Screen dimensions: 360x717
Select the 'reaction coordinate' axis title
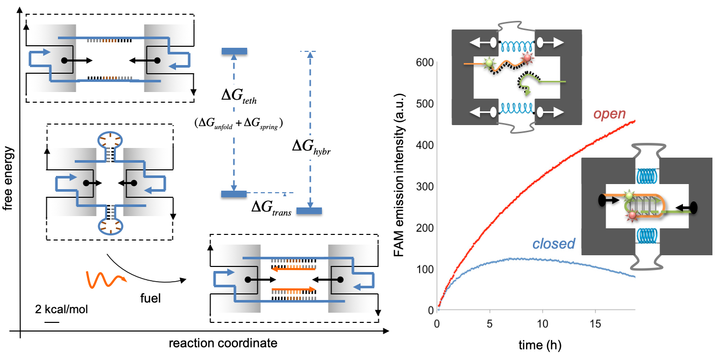223,343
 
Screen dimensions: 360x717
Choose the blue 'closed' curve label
553,244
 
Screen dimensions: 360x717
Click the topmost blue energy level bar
234,51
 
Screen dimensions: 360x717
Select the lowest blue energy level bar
309,210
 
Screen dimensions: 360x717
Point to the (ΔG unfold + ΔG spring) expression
238,123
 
